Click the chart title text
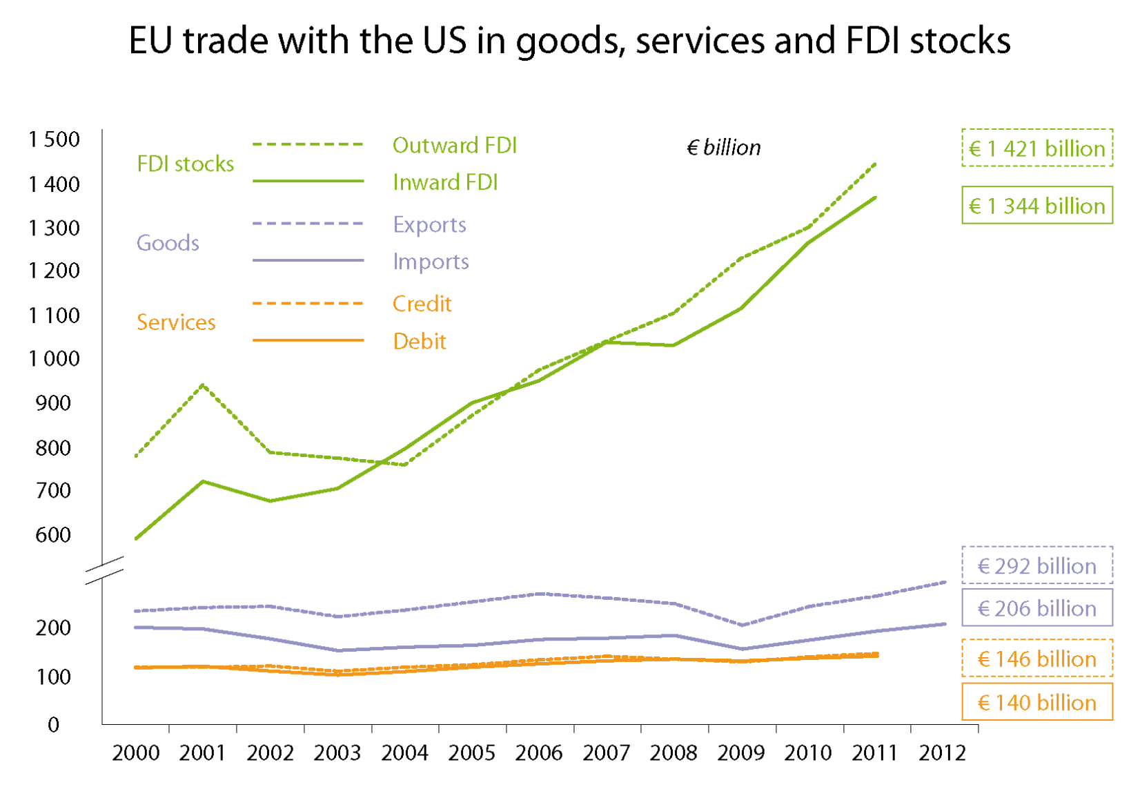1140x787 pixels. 569,40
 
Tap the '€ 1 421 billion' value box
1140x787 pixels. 1036,148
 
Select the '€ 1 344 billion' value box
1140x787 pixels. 1036,206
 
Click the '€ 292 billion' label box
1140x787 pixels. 1036,566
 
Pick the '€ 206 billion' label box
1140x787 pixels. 1036,608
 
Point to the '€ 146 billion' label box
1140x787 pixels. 1036,659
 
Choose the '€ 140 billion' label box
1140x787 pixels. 1036,703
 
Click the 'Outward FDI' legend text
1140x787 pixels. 454,146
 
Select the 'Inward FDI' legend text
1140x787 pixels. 445,182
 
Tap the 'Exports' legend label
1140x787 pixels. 429,225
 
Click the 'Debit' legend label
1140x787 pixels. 420,342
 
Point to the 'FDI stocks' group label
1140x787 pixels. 185,164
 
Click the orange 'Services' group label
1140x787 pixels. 176,322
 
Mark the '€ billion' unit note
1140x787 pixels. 723,148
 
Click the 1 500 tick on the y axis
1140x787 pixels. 54,139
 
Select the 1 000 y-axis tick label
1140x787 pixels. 54,359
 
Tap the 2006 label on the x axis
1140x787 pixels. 538,753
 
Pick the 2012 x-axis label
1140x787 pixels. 942,753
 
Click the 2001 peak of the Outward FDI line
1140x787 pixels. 202,385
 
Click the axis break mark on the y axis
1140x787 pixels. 104,570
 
